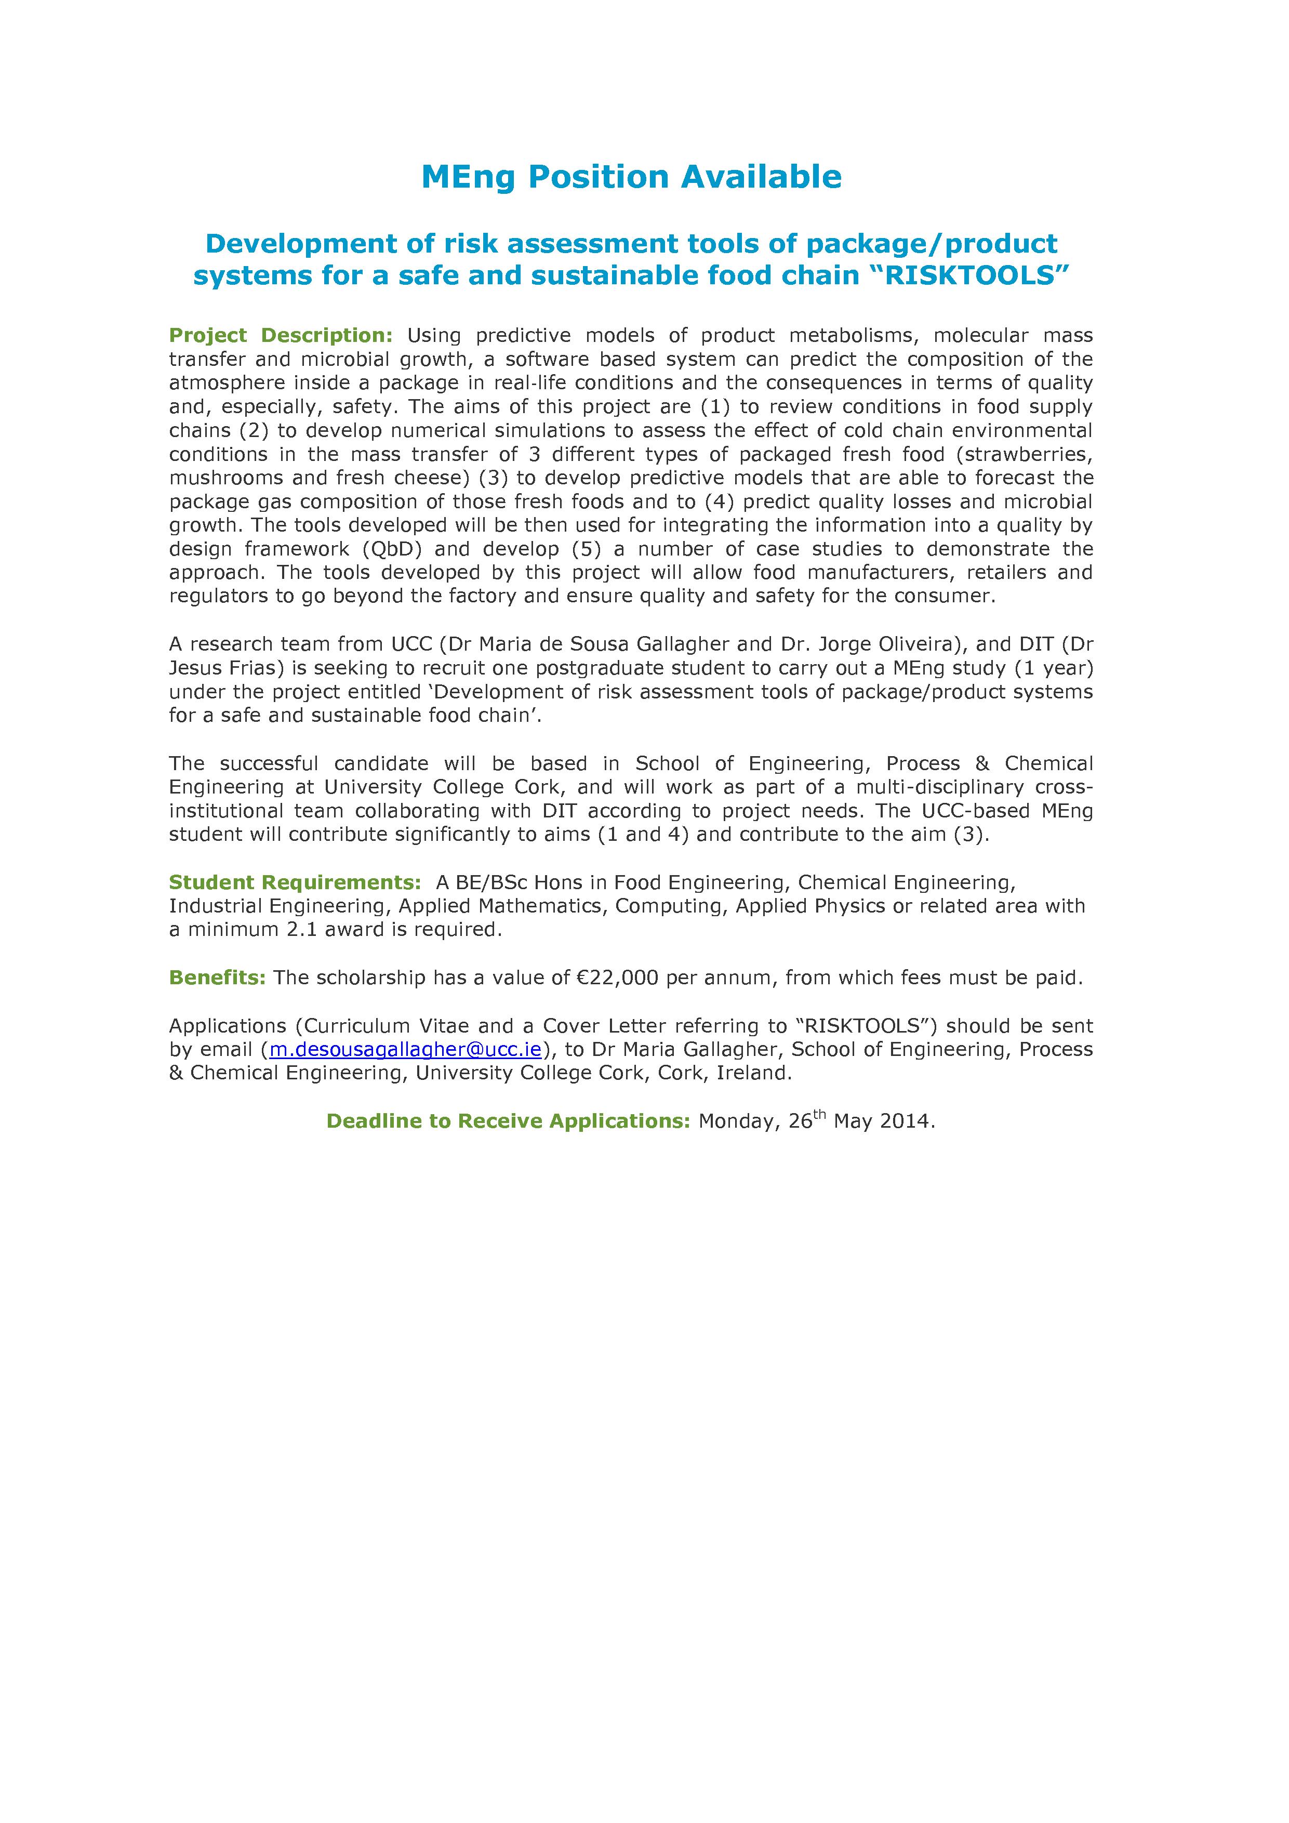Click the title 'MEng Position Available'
click(631, 177)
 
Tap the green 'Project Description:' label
click(281, 336)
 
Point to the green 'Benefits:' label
click(217, 977)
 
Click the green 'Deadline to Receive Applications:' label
click(508, 1121)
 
